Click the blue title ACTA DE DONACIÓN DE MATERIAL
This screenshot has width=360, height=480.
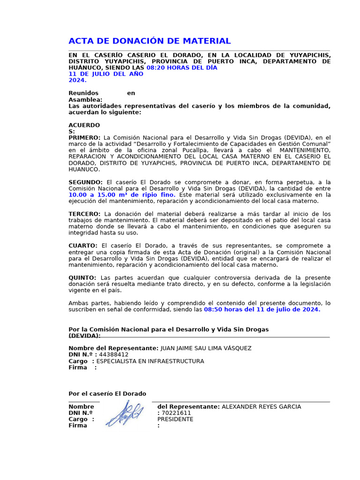[150, 41]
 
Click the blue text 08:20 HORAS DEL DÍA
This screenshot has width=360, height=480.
[182, 67]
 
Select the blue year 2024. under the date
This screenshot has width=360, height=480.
[77, 80]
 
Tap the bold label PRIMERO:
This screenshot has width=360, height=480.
[84, 137]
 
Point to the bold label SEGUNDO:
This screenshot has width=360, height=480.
[85, 182]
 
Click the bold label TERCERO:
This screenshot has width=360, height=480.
[85, 214]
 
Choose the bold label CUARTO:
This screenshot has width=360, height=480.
[83, 246]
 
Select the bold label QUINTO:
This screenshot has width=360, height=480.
[82, 277]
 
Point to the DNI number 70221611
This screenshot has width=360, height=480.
[176, 413]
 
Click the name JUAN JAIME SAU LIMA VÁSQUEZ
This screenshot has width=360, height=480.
[206, 348]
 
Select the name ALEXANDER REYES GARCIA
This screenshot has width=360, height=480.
[261, 406]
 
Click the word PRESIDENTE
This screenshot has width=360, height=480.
[175, 419]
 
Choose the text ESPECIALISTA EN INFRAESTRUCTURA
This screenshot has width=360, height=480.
[150, 361]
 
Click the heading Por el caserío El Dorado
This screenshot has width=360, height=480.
[107, 394]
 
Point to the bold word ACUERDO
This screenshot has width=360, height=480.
[84, 125]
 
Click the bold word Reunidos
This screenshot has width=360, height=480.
[83, 93]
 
